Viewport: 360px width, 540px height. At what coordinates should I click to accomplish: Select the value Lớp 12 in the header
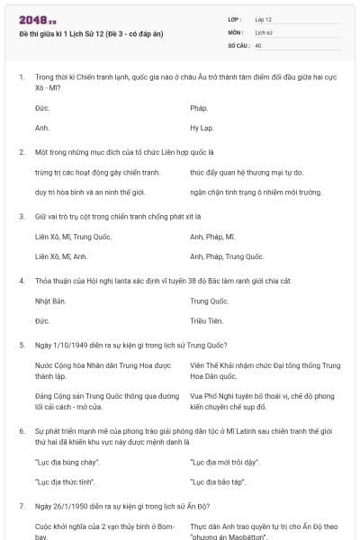coord(263,19)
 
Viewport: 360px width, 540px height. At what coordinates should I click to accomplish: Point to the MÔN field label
coord(235,31)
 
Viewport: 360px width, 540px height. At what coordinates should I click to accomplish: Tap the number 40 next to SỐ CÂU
coord(258,44)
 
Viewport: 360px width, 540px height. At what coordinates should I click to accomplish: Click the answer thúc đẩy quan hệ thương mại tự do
coord(246,172)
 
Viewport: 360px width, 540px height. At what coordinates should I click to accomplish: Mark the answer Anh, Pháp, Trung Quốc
coord(227,256)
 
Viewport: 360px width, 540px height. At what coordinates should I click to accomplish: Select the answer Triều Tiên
coord(206,321)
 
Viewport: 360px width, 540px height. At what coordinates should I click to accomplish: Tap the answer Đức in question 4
coord(42,321)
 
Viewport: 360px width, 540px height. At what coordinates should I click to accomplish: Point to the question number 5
coord(22,345)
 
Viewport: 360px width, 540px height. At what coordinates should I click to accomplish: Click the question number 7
coord(22,505)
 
